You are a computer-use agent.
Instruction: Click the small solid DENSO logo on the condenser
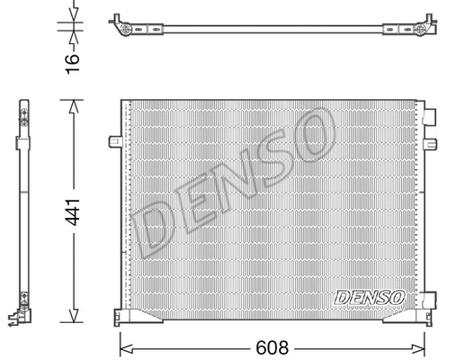(369, 296)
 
